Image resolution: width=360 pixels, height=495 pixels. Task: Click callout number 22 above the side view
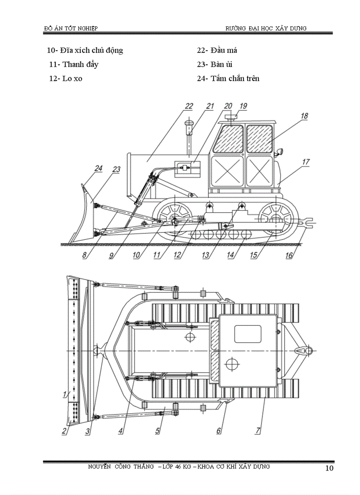189,106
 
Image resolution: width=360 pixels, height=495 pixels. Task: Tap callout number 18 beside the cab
304,116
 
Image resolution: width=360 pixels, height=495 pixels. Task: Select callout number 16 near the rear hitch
289,255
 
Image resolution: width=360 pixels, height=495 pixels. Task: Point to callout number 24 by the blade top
98,168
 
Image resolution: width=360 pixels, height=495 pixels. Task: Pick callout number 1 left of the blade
64,394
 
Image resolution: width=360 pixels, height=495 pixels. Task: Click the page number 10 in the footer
329,468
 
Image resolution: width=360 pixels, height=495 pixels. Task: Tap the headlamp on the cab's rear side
279,153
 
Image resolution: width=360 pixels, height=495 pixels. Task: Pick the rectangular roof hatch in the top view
248,333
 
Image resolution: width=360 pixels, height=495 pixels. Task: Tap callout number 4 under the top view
120,431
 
